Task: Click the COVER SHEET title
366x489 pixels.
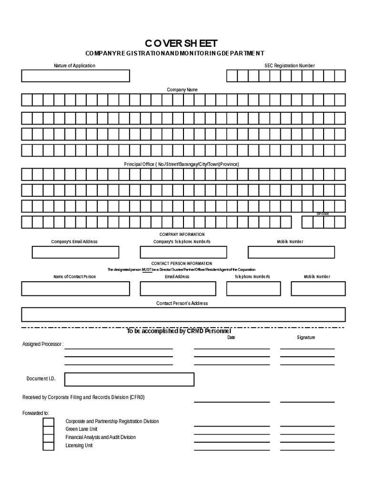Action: point(183,43)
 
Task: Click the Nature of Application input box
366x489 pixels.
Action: point(75,76)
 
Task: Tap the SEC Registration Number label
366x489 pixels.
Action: point(290,65)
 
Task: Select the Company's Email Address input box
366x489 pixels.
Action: point(75,252)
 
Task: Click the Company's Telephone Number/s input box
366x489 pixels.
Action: point(183,252)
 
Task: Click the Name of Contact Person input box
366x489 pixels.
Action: point(75,288)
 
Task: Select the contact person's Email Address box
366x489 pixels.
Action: point(177,288)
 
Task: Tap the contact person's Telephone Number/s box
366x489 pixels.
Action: point(254,288)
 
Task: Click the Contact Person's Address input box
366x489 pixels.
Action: point(183,315)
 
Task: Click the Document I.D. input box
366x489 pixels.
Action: point(129,379)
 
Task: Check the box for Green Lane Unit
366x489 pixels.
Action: point(48,430)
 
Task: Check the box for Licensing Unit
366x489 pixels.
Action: point(48,446)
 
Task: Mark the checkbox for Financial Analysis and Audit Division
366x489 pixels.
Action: point(48,438)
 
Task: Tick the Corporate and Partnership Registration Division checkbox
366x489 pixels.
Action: point(48,422)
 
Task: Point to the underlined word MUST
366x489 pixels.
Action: point(146,270)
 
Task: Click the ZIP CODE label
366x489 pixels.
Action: point(323,214)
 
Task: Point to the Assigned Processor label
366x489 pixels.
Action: point(43,344)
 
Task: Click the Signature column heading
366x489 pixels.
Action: point(306,337)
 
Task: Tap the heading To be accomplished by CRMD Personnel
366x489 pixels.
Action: point(179,331)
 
